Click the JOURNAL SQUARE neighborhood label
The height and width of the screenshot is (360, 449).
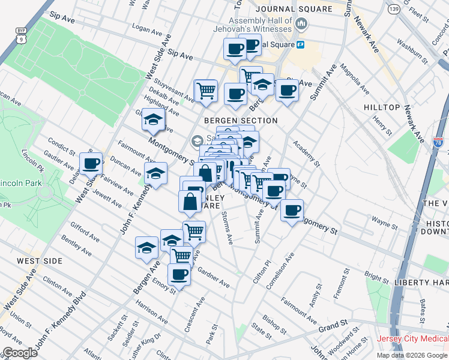click(x=294, y=9)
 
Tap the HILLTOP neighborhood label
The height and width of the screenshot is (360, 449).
click(x=382, y=107)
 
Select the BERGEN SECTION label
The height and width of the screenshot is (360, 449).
click(x=241, y=121)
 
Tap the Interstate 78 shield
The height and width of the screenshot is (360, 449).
click(x=438, y=143)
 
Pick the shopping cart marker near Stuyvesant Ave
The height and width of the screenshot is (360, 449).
click(x=205, y=90)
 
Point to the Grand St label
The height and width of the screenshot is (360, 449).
click(x=330, y=329)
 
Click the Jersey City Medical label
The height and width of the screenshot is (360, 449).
click(x=412, y=338)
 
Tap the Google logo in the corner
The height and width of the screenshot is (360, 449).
click(x=20, y=353)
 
